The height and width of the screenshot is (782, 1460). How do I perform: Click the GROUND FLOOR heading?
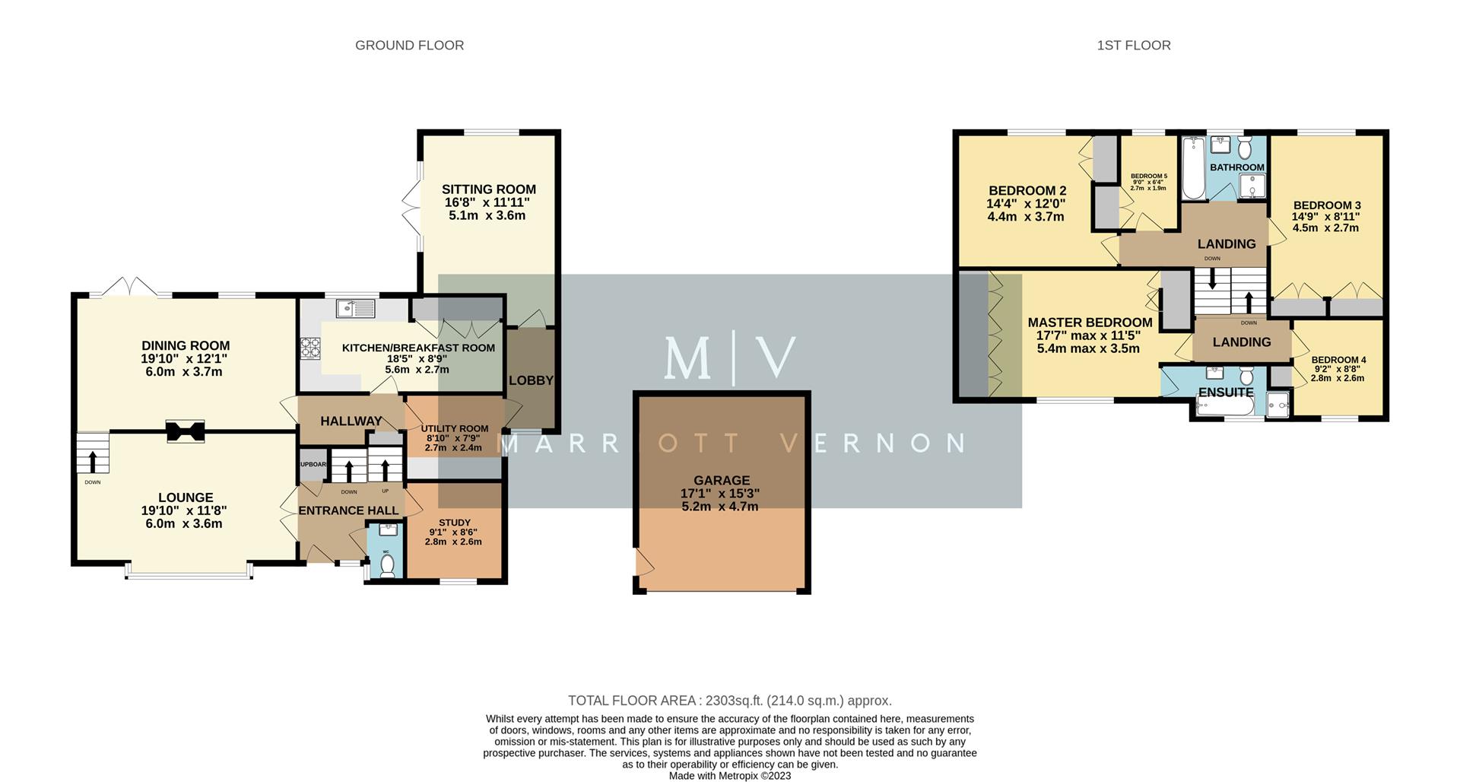click(x=409, y=46)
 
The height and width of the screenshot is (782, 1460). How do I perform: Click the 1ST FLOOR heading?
click(x=1133, y=46)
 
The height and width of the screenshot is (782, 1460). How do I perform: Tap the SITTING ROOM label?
click(x=488, y=189)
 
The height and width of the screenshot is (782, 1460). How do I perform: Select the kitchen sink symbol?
click(x=356, y=308)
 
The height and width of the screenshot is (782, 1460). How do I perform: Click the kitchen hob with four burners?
click(x=311, y=348)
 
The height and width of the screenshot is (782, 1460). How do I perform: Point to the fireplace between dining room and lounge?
click(x=186, y=431)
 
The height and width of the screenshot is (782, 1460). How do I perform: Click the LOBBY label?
click(x=531, y=380)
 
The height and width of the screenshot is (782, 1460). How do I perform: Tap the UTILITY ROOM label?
click(x=455, y=429)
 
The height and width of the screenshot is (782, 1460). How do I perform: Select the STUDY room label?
click(x=455, y=523)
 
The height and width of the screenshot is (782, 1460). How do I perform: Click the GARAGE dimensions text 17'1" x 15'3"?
click(x=720, y=494)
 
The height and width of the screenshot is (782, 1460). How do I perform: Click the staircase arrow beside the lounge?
click(x=93, y=460)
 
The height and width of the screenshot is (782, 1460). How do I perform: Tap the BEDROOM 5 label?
click(x=1148, y=176)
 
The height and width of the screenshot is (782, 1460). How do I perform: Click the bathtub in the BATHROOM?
click(x=1193, y=169)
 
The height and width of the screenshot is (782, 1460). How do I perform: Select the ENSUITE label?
click(x=1225, y=393)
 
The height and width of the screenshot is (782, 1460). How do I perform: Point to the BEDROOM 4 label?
click(x=1338, y=360)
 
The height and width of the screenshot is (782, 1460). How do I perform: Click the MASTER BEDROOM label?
click(x=1090, y=323)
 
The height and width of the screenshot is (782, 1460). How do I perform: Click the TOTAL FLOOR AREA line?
click(x=729, y=701)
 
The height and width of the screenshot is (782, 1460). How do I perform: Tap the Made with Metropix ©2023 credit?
click(x=729, y=776)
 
